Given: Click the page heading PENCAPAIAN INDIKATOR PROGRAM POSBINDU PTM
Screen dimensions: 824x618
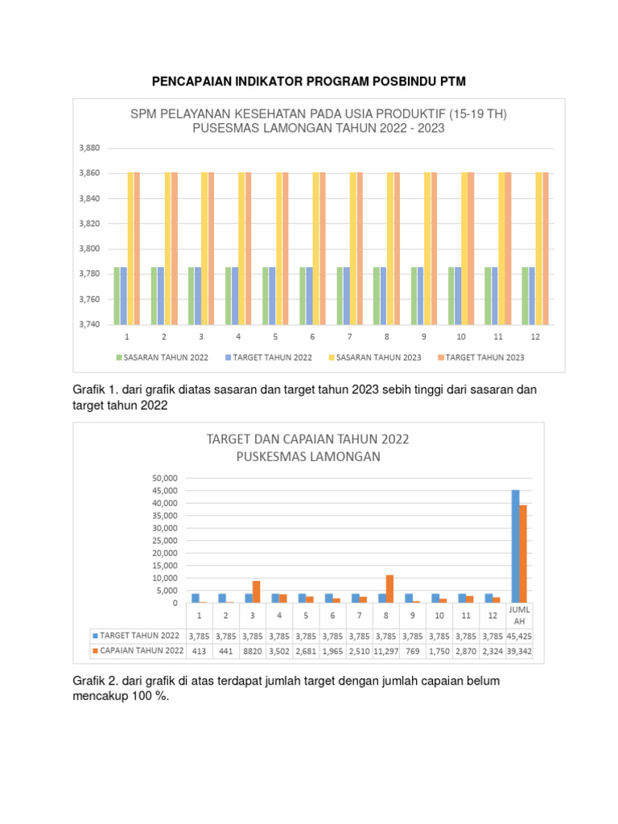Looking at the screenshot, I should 309,82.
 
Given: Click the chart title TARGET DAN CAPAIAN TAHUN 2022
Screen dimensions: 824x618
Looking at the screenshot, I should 308,439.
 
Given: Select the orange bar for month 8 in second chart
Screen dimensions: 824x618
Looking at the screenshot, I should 389,588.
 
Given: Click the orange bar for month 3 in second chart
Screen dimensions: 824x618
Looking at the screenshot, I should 256,591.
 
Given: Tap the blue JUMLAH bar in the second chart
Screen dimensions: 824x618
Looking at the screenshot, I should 515,546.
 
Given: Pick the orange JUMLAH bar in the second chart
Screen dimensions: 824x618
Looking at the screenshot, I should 523,554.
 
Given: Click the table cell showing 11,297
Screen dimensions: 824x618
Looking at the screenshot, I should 386,650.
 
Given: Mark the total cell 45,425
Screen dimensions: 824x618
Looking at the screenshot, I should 520,636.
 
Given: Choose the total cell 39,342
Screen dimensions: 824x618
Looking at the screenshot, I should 520,650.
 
